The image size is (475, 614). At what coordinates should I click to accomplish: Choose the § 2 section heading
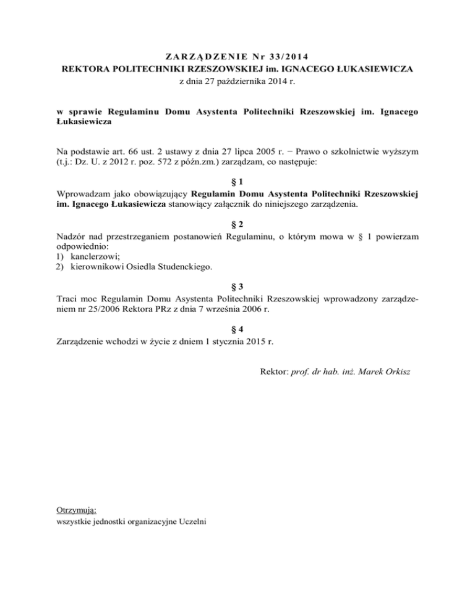237,224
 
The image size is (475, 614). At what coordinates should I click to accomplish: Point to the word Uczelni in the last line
192,521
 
